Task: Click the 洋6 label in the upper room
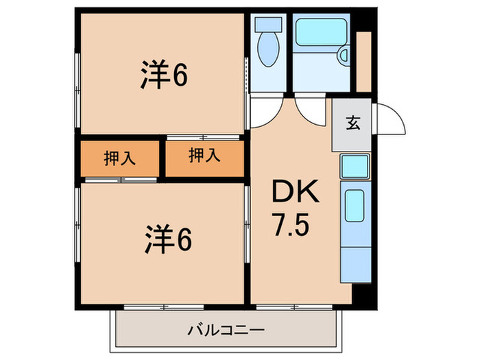point(165,75)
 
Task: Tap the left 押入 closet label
point(119,159)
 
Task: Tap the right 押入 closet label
point(204,156)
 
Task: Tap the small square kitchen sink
point(355,166)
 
